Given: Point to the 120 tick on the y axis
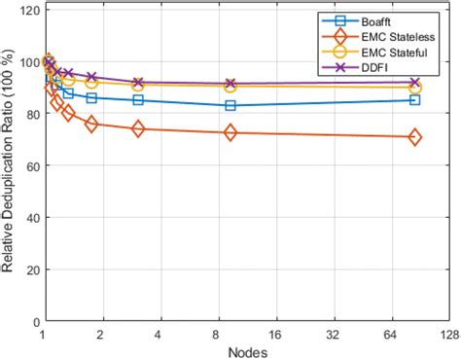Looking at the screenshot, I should point(26,10).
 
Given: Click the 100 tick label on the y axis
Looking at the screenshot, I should point(26,62).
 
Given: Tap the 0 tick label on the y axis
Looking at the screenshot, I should point(33,320).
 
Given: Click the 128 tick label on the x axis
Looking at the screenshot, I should point(448,334).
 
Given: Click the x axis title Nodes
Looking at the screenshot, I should point(246,350).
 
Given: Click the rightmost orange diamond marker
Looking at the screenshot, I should point(415,138).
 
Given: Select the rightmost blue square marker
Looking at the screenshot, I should point(415,100).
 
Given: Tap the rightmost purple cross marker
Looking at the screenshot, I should point(415,83).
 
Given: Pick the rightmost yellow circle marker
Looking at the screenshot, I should point(415,88).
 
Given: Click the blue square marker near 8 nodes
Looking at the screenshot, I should point(230,105).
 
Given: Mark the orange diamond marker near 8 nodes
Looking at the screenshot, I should point(230,132).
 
